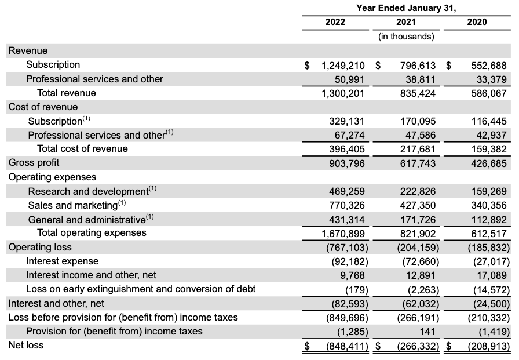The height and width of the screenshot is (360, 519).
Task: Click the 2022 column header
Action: coord(335,22)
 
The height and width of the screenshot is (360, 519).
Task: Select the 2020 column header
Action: coord(476,22)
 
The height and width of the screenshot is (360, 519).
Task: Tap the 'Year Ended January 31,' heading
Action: coord(406,8)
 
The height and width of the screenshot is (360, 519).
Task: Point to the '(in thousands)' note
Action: coord(406,37)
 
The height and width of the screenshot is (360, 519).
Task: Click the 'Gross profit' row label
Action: coord(34,162)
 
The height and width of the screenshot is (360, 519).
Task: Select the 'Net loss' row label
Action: coord(25,345)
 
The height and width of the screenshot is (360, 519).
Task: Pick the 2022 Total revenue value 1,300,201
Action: coord(343,93)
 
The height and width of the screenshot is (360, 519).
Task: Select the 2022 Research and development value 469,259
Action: coord(346,191)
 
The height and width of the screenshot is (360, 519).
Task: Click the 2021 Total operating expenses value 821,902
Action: coord(418,233)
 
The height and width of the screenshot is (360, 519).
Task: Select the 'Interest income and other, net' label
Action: coord(91,275)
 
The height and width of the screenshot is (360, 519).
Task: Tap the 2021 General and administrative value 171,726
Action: coord(418,220)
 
